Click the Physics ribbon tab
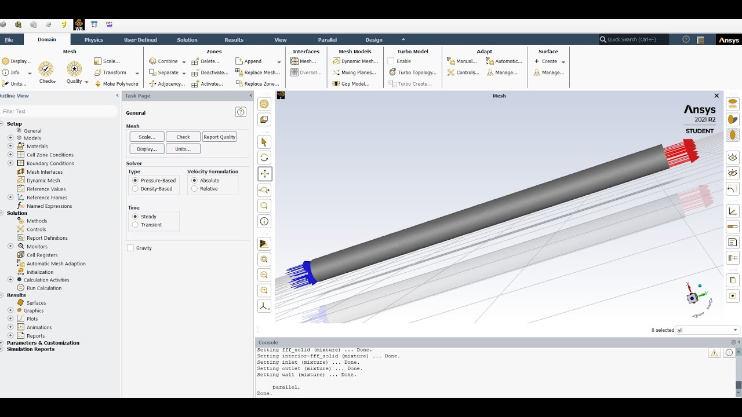click(93, 40)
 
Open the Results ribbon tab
click(234, 40)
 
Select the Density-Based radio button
click(136, 189)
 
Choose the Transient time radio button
click(136, 225)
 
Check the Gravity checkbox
click(130, 248)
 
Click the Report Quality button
click(219, 137)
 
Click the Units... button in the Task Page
click(183, 149)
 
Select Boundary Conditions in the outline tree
click(50, 163)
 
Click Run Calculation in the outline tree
click(44, 288)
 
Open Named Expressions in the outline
click(49, 206)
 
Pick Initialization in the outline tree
click(40, 272)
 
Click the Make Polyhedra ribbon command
click(120, 84)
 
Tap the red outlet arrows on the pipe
click(683, 153)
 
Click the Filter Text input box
click(58, 111)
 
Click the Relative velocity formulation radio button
click(195, 189)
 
